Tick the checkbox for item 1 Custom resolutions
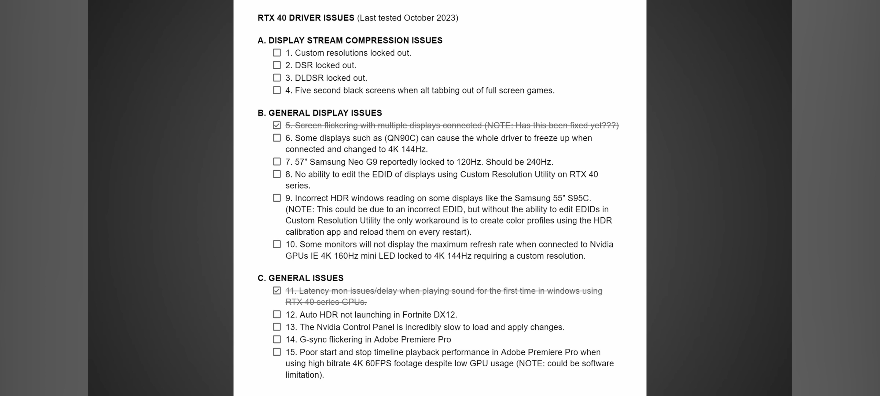point(277,53)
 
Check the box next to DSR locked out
point(277,65)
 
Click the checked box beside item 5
point(277,125)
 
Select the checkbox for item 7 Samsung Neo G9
point(277,162)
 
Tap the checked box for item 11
point(277,291)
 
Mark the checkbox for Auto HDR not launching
point(277,315)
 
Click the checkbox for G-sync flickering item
point(277,340)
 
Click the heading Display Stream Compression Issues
point(350,40)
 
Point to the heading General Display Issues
point(320,113)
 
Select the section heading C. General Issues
point(301,278)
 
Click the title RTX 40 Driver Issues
point(306,18)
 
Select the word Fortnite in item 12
point(417,315)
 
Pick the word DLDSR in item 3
point(309,78)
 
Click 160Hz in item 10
point(346,256)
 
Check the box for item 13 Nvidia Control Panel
point(277,327)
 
